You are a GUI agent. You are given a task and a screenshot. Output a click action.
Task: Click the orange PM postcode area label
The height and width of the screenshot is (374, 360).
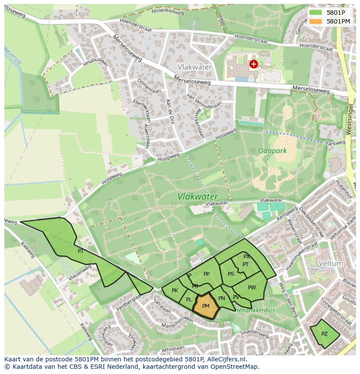pyautogui.click(x=206, y=306)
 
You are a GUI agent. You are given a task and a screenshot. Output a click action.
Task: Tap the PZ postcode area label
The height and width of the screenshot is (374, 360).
pyautogui.click(x=324, y=334)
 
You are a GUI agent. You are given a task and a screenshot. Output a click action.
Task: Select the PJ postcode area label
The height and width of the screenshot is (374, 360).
pyautogui.click(x=80, y=251)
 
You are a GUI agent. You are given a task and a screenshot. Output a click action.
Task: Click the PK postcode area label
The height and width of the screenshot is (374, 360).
pyautogui.click(x=175, y=291)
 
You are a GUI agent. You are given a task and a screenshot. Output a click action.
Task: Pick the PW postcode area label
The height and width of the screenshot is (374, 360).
pyautogui.click(x=252, y=287)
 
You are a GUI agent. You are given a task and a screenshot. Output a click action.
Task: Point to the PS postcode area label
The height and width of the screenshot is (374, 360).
pyautogui.click(x=231, y=274)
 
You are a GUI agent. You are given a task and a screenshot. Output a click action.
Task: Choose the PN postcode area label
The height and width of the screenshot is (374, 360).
pyautogui.click(x=222, y=298)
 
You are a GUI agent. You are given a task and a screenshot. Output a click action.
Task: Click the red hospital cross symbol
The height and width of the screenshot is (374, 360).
pyautogui.click(x=253, y=64)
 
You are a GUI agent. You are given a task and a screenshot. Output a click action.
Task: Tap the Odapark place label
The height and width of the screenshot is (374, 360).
pyautogui.click(x=272, y=151)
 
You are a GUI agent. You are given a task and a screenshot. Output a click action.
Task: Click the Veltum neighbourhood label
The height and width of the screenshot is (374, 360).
pyautogui.click(x=330, y=264)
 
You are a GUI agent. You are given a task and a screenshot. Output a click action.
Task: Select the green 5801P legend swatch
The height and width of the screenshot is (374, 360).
pyautogui.click(x=316, y=13)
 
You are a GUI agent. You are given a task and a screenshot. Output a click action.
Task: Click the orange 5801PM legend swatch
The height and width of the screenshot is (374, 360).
pyautogui.click(x=316, y=21)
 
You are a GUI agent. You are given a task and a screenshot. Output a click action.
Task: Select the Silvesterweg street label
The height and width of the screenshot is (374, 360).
pyautogui.click(x=254, y=334)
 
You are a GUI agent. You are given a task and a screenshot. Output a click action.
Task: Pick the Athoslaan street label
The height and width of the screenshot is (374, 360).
pyautogui.click(x=173, y=348)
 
